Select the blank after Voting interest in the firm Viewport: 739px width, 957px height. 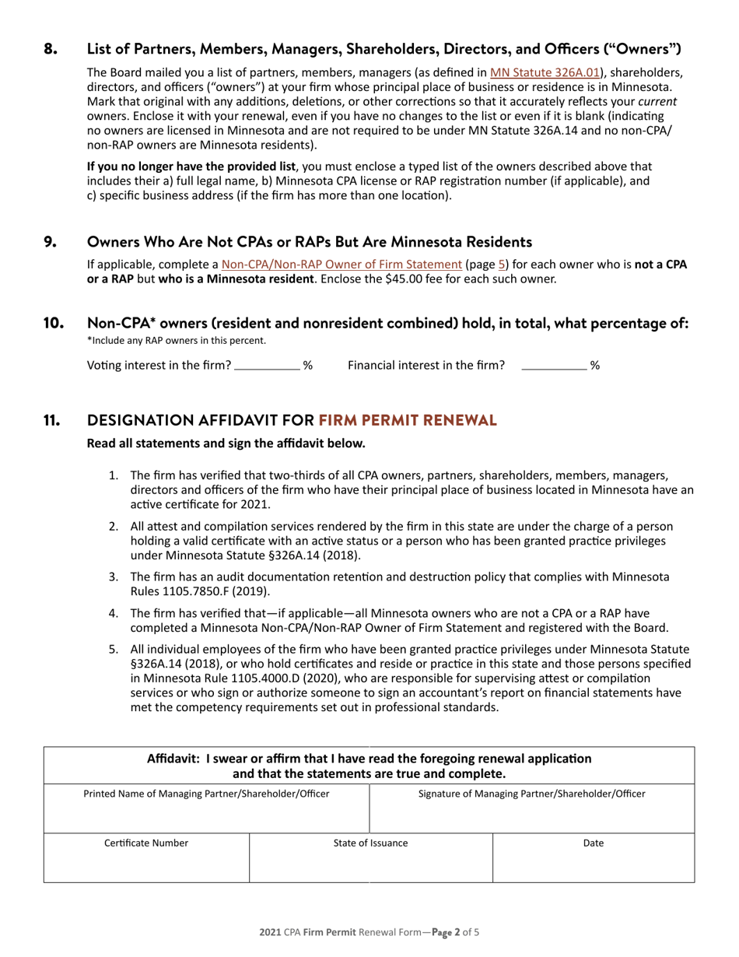[267, 365]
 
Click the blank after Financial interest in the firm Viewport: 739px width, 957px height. [553, 365]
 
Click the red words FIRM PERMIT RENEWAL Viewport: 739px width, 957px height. [407, 421]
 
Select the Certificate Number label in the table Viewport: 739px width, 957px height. [146, 843]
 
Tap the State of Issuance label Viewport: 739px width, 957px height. [370, 843]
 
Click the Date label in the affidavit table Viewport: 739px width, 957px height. [593, 843]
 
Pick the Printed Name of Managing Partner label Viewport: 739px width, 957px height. [206, 794]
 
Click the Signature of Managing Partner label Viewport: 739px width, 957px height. [531, 794]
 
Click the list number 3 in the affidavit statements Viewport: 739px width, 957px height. [113, 577]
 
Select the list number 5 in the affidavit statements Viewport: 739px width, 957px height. [113, 649]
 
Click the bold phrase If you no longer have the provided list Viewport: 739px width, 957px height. [191, 167]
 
